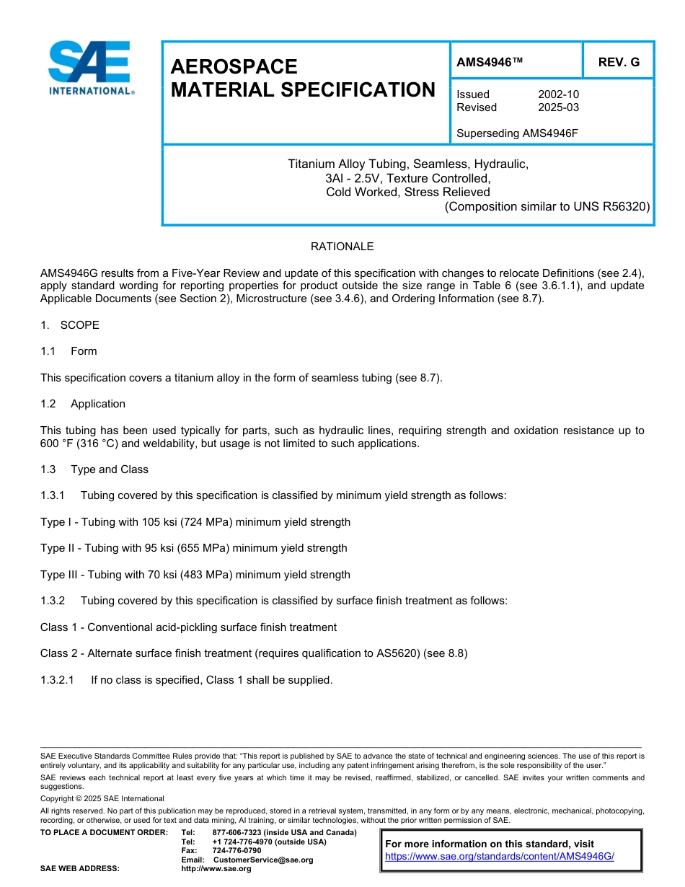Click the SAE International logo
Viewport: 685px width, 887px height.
point(90,67)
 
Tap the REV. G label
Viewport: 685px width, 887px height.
point(618,63)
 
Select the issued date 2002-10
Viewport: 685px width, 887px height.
point(558,94)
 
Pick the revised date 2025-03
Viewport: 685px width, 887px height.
point(558,107)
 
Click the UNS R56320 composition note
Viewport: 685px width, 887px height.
point(547,206)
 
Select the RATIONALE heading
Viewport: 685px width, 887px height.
point(342,247)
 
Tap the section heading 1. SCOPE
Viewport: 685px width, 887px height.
point(70,325)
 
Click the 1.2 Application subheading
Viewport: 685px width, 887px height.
point(83,404)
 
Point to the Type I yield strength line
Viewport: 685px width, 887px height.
point(195,522)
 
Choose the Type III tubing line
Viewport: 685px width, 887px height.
point(195,575)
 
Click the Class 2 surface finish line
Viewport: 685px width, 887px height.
point(254,654)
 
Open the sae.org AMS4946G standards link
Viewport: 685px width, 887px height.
point(499,856)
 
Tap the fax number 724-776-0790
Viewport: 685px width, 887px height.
point(237,851)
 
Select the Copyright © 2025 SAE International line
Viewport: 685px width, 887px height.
point(102,798)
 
